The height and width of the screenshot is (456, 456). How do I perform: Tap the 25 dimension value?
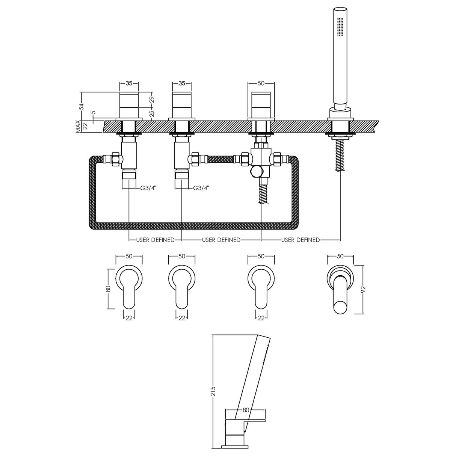point(151,113)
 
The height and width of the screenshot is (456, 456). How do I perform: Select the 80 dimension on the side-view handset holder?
point(246,410)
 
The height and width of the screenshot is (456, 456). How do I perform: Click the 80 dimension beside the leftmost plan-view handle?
point(108,288)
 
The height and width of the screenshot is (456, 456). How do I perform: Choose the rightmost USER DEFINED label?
point(300,240)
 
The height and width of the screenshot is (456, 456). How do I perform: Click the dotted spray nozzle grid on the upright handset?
point(341,26)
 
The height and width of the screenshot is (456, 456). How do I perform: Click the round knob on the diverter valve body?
point(257,172)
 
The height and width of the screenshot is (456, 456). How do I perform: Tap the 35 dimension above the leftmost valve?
point(129,83)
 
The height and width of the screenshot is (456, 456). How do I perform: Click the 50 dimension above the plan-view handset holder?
point(340,256)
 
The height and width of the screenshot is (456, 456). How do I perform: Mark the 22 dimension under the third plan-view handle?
point(261,318)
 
